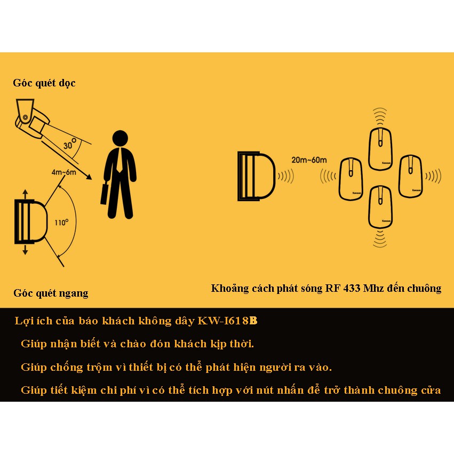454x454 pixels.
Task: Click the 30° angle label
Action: (70, 144)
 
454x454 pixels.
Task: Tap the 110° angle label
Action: (61, 222)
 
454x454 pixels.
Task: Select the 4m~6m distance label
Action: (63, 172)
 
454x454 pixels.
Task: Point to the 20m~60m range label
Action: (309, 160)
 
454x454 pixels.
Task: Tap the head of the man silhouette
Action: (120, 138)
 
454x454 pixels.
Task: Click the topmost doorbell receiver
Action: (380, 148)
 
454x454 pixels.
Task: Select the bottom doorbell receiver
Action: (380, 208)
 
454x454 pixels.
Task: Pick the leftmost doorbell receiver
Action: (351, 179)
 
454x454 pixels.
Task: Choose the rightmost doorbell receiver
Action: (410, 176)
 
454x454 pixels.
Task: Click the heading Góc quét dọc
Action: (44, 83)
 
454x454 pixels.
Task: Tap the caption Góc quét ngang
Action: (51, 293)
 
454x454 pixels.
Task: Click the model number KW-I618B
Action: (227, 321)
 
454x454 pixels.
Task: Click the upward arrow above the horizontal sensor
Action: (25, 194)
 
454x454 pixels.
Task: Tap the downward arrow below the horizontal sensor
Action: (25, 250)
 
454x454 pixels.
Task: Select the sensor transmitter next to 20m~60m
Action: (256, 176)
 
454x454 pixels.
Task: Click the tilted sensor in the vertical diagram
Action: (32, 118)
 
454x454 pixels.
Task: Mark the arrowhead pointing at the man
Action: (89, 177)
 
